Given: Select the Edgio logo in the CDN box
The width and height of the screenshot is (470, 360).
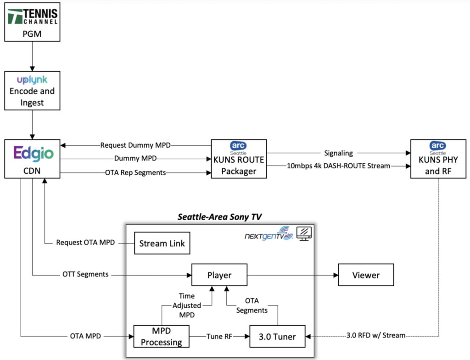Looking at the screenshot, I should point(32,153).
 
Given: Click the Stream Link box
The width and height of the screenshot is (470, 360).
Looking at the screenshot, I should point(162,244).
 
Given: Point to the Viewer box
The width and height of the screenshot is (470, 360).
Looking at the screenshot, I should point(366,275).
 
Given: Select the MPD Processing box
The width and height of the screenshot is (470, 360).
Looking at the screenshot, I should point(161,336).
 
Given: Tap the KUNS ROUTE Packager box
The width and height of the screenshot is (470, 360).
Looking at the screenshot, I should point(238,159).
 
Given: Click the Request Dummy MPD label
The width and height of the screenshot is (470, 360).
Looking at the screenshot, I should point(135,145).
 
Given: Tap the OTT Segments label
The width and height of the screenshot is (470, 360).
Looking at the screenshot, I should point(86,274).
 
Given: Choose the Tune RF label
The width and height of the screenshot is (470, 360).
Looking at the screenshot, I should point(218,336).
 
